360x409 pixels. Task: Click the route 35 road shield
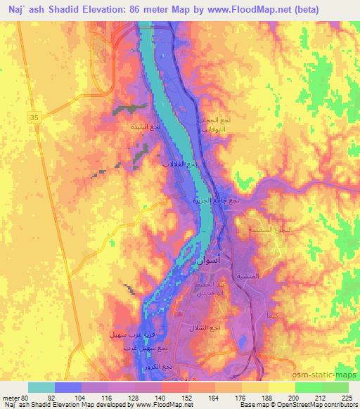coord(34,119)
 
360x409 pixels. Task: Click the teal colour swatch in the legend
coord(41,387)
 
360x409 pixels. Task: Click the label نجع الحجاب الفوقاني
coord(212,125)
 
